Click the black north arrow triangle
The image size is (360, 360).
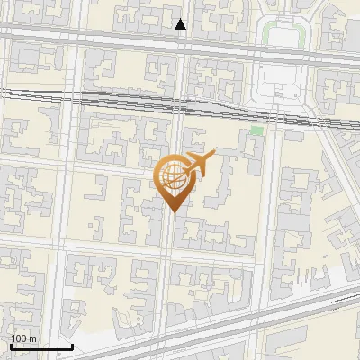coord(181,24)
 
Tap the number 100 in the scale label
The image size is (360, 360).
coord(20,338)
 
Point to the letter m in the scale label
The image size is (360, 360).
coord(32,338)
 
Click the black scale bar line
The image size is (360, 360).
coord(40,347)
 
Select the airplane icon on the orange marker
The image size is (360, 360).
coord(200,164)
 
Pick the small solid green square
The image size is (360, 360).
coord(256,131)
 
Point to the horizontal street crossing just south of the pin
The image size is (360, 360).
coord(108,243)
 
